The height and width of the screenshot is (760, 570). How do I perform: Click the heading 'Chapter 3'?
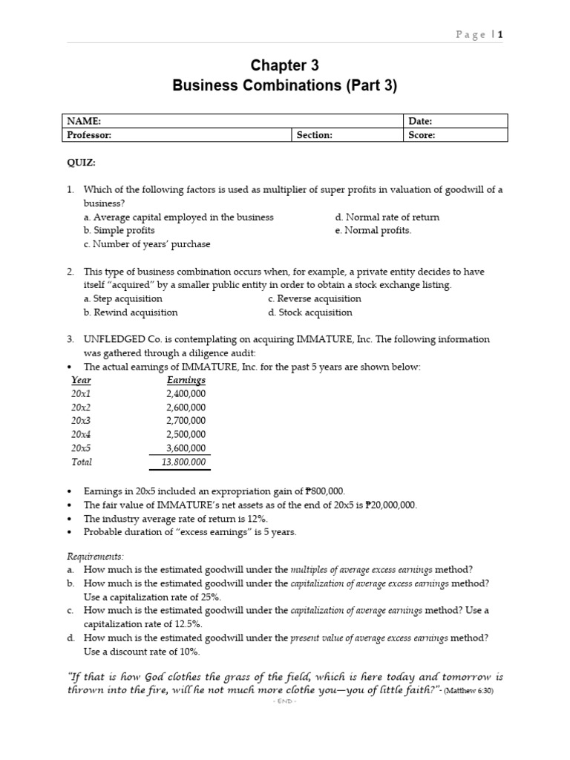(285, 65)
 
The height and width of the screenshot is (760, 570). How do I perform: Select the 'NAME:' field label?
(84, 121)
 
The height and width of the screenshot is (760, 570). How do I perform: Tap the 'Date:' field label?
(421, 121)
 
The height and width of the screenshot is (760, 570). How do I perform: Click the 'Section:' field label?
(315, 135)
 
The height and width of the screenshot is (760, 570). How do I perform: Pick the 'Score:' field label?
(422, 135)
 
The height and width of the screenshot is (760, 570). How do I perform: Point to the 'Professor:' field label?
(90, 135)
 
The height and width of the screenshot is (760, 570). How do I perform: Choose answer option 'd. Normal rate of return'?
(387, 217)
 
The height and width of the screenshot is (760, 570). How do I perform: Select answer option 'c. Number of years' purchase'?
(147, 243)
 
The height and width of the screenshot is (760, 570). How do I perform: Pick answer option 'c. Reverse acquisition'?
(315, 298)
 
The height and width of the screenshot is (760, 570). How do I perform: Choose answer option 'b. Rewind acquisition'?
(131, 312)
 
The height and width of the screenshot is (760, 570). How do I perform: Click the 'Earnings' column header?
(186, 380)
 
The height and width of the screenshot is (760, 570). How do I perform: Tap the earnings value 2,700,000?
(186, 421)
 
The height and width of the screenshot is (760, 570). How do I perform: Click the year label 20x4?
(81, 434)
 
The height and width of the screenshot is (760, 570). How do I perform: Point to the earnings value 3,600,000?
(186, 448)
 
